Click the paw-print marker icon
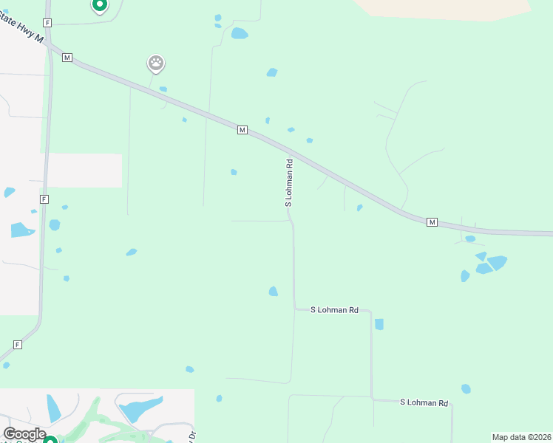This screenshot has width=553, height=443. (x=156, y=63)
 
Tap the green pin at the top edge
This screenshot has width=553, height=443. (x=99, y=5)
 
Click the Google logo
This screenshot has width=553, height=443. (x=24, y=434)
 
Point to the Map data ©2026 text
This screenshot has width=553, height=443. (x=521, y=437)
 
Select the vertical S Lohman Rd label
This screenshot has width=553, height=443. (x=290, y=182)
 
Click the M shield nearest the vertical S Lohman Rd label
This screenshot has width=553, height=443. (x=242, y=130)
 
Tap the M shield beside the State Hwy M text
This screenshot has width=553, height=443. (x=67, y=57)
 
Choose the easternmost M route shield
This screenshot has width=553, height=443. (x=432, y=221)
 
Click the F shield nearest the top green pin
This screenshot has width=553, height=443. (x=47, y=23)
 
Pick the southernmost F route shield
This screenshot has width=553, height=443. (x=17, y=345)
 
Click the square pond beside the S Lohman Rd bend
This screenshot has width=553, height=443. (x=379, y=324)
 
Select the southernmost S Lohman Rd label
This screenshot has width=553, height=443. (x=424, y=402)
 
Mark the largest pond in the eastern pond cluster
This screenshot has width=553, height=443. (x=497, y=262)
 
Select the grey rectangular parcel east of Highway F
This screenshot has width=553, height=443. (x=84, y=171)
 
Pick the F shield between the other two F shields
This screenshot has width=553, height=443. (x=44, y=199)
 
